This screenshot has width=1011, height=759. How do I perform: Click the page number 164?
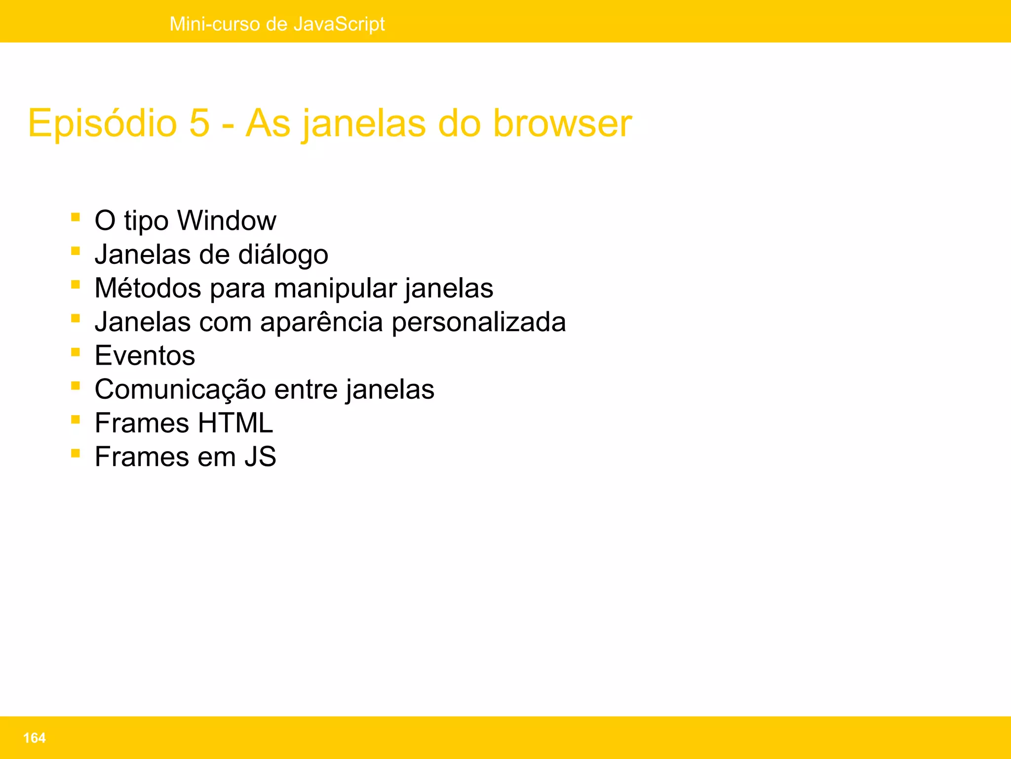tap(34, 738)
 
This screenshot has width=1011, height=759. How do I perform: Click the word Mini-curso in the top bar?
tap(215, 24)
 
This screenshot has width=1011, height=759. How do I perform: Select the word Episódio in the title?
tap(102, 124)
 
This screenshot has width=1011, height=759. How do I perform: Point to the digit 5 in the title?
tap(199, 124)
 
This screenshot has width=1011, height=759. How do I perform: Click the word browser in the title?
tap(562, 124)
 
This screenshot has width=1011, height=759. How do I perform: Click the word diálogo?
tap(283, 255)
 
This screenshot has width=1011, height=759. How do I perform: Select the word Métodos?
tap(148, 288)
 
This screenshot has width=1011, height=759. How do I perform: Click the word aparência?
tap(321, 322)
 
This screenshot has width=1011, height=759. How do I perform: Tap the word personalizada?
tap(478, 322)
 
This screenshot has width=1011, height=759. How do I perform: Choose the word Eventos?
tap(145, 356)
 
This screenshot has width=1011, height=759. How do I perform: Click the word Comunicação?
tap(180, 389)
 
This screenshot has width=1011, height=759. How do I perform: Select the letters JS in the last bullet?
tap(260, 457)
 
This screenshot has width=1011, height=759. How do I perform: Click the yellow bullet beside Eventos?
tap(76, 352)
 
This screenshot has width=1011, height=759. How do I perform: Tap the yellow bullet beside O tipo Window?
tap(76, 216)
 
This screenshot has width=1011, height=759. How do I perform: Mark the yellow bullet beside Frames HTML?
tap(76, 420)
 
